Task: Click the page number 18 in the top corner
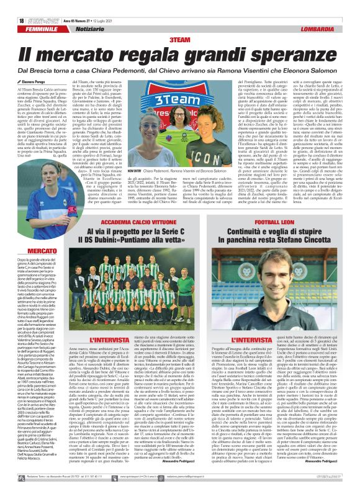12,19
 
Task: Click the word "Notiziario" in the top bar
79,29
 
